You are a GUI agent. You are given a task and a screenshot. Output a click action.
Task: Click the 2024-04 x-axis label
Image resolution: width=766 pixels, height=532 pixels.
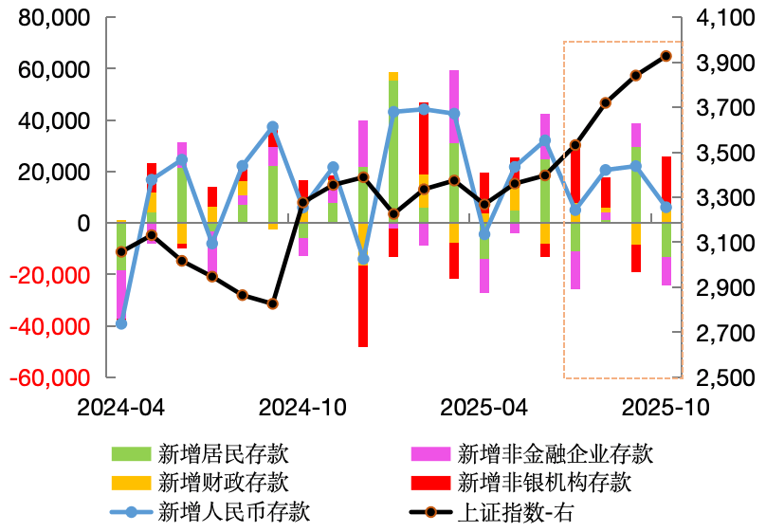[120, 407]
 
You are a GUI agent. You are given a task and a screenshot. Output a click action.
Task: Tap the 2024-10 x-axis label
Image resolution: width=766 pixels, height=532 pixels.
[302, 407]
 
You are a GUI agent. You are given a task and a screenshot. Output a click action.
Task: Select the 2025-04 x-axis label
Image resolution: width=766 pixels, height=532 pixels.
[484, 407]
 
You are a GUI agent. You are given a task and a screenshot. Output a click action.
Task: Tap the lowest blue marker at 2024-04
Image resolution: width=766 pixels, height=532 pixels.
[120, 324]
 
